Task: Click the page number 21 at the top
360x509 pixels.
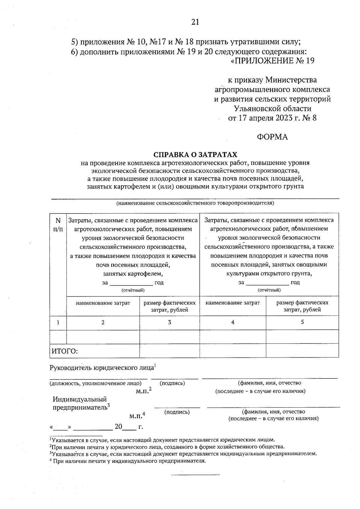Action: [x=195, y=22]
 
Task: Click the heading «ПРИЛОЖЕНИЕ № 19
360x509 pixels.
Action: [x=272, y=61]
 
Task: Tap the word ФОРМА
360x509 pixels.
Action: [x=272, y=137]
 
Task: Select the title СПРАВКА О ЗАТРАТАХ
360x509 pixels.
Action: [x=195, y=154]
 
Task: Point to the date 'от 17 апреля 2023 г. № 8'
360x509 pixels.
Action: [x=272, y=118]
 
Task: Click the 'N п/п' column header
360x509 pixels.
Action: [x=58, y=225]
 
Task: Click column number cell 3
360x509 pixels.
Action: [x=169, y=322]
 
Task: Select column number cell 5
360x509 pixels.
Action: [x=302, y=322]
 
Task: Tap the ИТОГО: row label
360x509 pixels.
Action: [x=65, y=351]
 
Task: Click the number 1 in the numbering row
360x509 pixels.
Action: [x=58, y=322]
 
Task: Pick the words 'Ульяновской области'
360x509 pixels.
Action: [x=272, y=108]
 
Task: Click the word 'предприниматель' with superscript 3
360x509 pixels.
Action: [x=80, y=408]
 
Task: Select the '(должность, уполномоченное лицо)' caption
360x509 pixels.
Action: [x=95, y=383]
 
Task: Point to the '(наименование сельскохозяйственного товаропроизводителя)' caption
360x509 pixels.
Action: [x=195, y=203]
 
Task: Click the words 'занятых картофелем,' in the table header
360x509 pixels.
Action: [x=133, y=274]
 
